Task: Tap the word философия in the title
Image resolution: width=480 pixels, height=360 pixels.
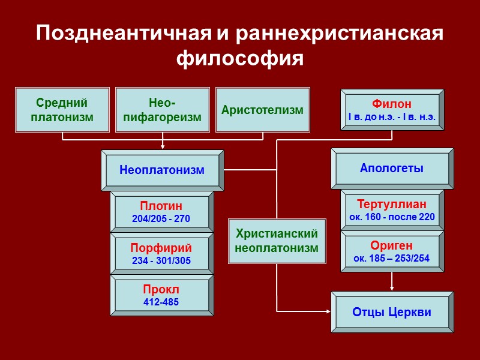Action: [x=240, y=59]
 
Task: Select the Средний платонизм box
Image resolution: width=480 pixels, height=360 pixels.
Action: [x=62, y=110]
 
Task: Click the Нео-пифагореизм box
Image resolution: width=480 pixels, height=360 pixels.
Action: [x=162, y=110]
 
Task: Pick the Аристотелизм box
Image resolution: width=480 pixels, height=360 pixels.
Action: [x=262, y=110]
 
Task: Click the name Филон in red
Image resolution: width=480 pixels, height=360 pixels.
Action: [x=392, y=104]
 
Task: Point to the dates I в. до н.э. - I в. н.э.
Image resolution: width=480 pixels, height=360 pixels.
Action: [x=392, y=116]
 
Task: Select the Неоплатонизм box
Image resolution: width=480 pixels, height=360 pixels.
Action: [x=162, y=170]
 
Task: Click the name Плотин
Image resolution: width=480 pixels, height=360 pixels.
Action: [x=161, y=206]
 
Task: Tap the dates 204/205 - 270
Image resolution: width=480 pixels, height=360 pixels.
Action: [x=161, y=219]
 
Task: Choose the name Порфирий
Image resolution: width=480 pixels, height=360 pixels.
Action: [x=161, y=248]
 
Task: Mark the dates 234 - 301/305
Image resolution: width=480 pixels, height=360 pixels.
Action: [x=161, y=260]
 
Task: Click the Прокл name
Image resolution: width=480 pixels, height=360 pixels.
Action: [x=161, y=290]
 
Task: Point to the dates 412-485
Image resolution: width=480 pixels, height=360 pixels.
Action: [x=161, y=302]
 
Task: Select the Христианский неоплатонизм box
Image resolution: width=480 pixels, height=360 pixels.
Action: [x=277, y=241]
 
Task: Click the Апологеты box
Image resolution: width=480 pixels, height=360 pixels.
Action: [x=392, y=169]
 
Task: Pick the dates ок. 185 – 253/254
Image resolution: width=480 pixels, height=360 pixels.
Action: [x=392, y=259]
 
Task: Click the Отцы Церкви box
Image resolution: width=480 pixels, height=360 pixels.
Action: [x=392, y=312]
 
